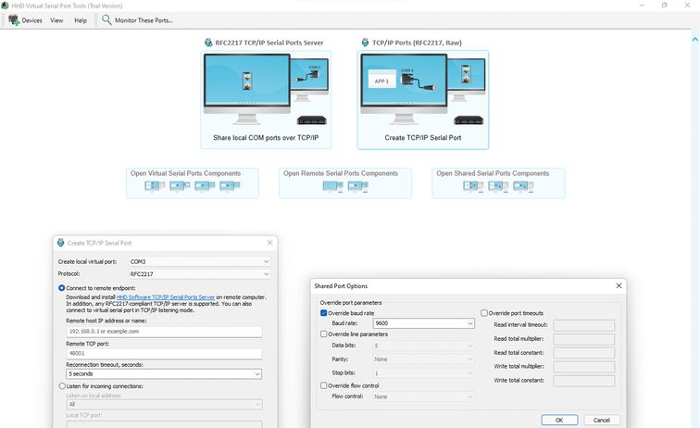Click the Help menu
pyautogui.click(x=81, y=19)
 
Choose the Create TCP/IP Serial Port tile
pyautogui.click(x=422, y=100)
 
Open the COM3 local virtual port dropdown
pyautogui.click(x=199, y=261)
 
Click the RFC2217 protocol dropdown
pyautogui.click(x=199, y=274)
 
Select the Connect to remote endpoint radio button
pyautogui.click(x=62, y=288)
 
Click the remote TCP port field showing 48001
pyautogui.click(x=163, y=353)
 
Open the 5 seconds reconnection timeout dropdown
pyautogui.click(x=163, y=374)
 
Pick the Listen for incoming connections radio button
pyautogui.click(x=62, y=385)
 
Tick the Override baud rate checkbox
pyautogui.click(x=323, y=313)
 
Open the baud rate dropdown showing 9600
pyautogui.click(x=424, y=323)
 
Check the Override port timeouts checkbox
pyautogui.click(x=484, y=313)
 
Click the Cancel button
pyautogui.click(x=602, y=420)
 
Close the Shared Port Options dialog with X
pyautogui.click(x=619, y=286)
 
